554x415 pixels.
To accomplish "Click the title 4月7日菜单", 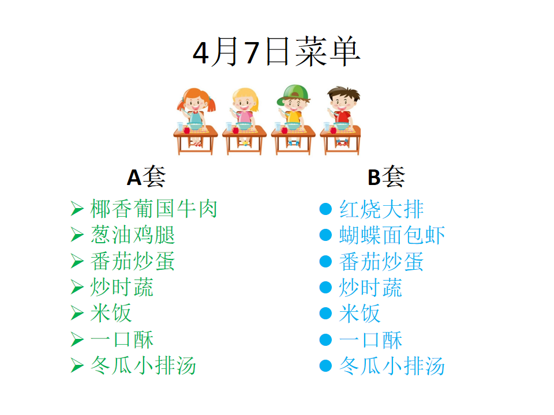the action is pos(276,52).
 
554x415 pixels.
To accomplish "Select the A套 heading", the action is pos(146,176).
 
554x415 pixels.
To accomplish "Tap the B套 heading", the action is pos(386,176).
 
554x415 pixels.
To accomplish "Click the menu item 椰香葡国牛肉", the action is pos(154,209).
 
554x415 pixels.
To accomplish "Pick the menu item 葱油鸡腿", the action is pos(133,235).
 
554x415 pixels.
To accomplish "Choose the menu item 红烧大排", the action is pos(381,209).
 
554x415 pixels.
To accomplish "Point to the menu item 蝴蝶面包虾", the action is pos(392,235).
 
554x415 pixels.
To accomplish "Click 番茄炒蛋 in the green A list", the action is pos(133,261).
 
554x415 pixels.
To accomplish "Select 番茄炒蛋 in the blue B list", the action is pos(381,261).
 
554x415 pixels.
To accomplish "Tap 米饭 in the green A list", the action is pos(111,313).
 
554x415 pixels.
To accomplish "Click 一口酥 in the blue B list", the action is pos(370,339).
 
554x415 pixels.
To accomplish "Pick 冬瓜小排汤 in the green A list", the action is pos(143,365).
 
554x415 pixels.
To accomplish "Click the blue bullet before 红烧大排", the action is pos(325,209).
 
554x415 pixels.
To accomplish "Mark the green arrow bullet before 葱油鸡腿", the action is pos(77,235).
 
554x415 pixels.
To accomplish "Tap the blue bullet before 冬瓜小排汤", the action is pos(325,365).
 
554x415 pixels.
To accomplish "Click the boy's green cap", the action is pos(294,93).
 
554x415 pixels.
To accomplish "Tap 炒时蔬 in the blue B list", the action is pos(370,287).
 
